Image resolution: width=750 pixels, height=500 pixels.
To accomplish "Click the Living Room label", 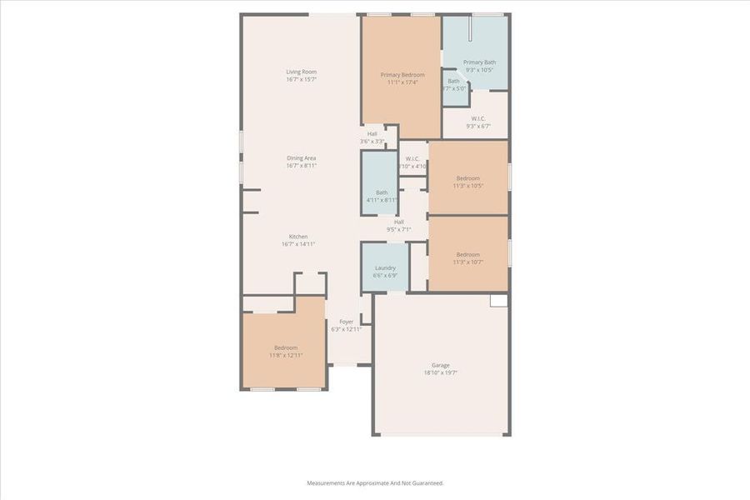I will [x=301, y=72].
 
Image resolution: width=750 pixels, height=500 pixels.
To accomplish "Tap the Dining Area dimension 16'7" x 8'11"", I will [x=301, y=166].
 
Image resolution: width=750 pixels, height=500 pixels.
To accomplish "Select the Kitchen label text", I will [x=298, y=237].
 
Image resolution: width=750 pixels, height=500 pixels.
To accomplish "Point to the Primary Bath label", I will [x=479, y=62].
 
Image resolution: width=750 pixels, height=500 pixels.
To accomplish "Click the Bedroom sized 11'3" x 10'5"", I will [x=467, y=182].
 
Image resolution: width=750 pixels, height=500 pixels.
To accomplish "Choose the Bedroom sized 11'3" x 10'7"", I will [x=467, y=258].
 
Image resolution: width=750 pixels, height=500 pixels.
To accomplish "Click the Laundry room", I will [x=385, y=271].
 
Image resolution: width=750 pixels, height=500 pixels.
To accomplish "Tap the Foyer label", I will [x=346, y=322].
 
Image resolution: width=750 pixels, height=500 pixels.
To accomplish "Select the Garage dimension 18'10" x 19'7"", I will [x=440, y=372].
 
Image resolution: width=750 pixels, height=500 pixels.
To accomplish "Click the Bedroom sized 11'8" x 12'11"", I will [x=285, y=352].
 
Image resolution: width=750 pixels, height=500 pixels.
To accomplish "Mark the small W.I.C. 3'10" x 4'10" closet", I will [x=412, y=162].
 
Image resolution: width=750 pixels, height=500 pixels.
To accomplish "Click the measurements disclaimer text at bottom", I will [x=375, y=482].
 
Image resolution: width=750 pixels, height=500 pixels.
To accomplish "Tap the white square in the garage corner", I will [x=498, y=300].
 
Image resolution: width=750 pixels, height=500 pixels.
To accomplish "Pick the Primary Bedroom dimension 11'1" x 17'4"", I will [x=401, y=82].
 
